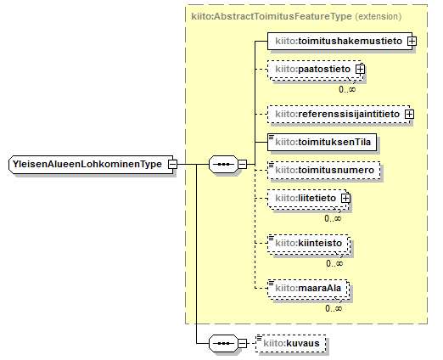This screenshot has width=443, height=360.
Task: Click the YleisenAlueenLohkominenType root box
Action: click(91, 164)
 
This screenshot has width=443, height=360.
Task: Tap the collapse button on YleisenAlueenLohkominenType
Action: click(172, 164)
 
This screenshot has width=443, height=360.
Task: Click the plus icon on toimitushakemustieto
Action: click(412, 42)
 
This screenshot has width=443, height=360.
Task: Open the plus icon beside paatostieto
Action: click(361, 69)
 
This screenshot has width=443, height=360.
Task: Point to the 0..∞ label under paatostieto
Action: click(347, 89)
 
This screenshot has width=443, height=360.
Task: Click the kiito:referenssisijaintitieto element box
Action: click(339, 114)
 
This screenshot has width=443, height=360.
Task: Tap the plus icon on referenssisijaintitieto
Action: click(409, 115)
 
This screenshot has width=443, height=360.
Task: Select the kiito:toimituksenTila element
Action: click(322, 142)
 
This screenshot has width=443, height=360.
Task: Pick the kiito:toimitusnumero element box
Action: click(324, 170)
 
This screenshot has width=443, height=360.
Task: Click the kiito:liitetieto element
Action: click(307, 198)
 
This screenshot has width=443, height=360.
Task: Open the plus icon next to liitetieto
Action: click(345, 199)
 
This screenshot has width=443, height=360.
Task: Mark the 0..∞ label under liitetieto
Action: click(333, 218)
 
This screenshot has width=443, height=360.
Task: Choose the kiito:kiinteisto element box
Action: click(308, 243)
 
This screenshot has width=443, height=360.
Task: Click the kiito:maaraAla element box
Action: click(307, 288)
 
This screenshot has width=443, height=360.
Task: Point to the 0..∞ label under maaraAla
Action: click(334, 308)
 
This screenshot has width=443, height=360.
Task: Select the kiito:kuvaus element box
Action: click(291, 343)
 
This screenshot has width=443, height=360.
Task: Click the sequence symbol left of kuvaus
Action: click(223, 344)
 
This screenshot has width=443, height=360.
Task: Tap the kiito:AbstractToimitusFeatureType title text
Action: click(272, 16)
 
